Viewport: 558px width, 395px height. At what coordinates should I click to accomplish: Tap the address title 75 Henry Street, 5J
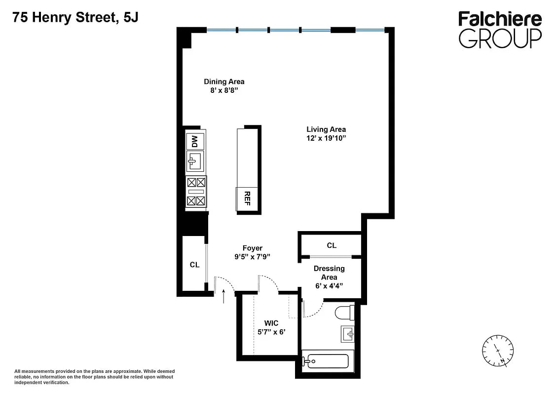click(75, 18)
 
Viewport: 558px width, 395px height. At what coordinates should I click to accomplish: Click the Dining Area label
click(224, 81)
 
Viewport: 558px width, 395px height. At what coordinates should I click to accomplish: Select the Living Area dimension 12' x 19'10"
click(326, 139)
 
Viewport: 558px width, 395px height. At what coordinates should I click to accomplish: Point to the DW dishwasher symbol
click(195, 141)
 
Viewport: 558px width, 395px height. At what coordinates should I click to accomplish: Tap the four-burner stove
click(196, 192)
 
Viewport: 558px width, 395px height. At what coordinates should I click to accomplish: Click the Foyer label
click(252, 248)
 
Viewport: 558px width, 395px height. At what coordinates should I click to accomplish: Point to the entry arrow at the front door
click(224, 296)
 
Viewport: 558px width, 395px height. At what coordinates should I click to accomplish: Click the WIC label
click(271, 323)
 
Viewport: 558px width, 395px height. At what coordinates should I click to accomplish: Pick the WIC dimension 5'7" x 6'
click(271, 332)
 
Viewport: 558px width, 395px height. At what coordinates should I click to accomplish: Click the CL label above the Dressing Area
click(332, 245)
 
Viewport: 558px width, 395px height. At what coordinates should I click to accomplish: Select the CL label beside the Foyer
click(194, 265)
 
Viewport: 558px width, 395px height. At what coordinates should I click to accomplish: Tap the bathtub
click(327, 361)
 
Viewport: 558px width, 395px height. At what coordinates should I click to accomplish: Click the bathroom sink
click(347, 334)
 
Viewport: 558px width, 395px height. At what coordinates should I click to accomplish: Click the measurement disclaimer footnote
click(94, 376)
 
